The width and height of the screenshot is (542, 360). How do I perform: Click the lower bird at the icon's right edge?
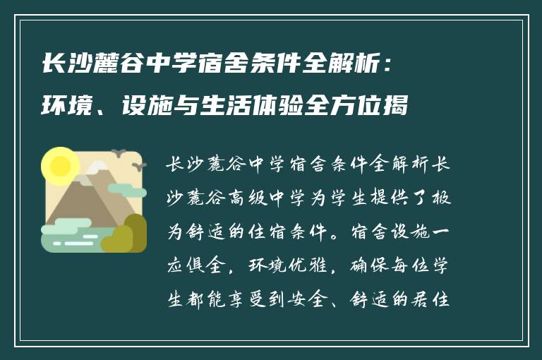(x=139, y=167)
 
